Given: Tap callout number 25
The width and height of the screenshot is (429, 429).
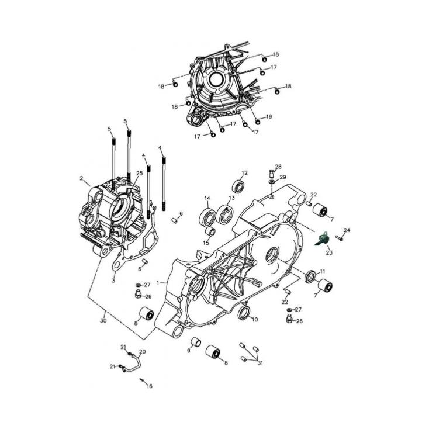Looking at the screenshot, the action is click(x=139, y=173).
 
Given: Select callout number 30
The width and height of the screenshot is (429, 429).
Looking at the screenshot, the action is click(x=103, y=320).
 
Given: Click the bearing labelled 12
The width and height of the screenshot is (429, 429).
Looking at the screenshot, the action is click(x=238, y=186).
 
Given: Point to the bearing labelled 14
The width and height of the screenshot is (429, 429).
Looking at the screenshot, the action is click(x=208, y=217).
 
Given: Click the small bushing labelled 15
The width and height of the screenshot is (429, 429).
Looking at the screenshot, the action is click(x=210, y=231).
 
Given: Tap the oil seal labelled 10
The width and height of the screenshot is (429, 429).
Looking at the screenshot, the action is click(x=244, y=313).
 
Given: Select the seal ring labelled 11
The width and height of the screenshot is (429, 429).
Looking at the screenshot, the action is click(x=310, y=276).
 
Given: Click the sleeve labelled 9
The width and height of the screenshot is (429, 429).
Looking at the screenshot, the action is click(x=196, y=342).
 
